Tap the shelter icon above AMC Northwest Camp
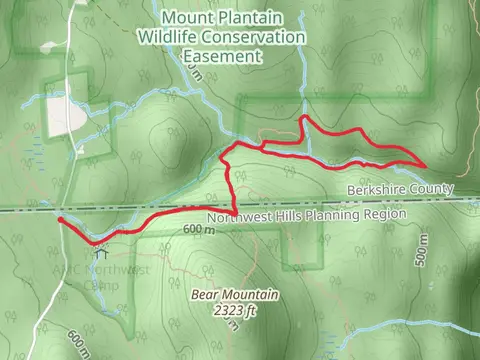101,254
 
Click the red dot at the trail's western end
61,219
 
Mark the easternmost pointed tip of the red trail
426,165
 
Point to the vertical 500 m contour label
422,256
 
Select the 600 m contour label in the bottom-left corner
73,342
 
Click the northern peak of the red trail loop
304,118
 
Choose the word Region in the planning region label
386,214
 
